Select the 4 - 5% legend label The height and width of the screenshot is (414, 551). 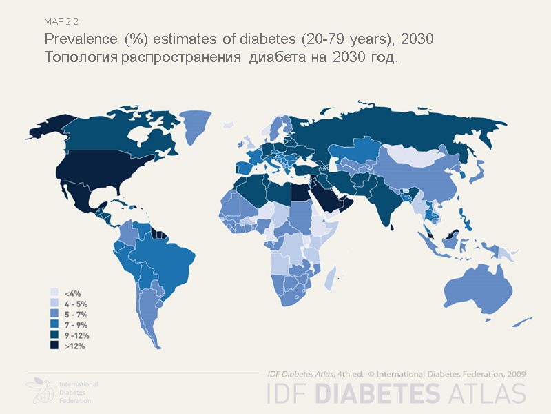[x=75, y=304]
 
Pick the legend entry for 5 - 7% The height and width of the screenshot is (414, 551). [x=75, y=315]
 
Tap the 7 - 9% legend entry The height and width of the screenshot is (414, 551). [x=75, y=325]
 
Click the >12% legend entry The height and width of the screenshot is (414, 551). [x=74, y=346]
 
